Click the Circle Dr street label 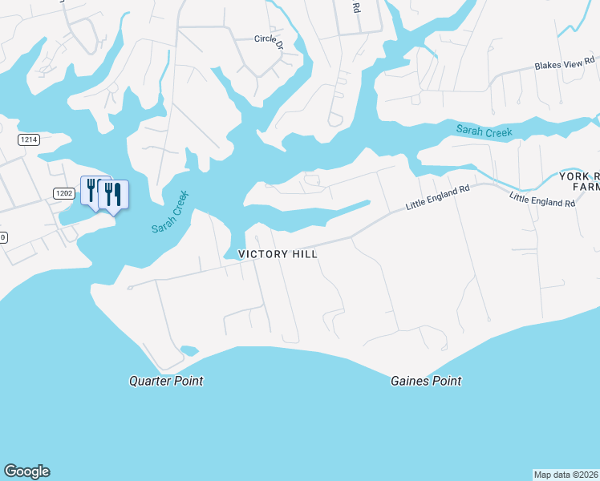point(269,39)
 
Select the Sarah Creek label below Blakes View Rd point(484,131)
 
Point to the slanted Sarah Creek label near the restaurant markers point(169,212)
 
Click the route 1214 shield point(29,139)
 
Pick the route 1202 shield point(64,193)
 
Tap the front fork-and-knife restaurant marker point(113,194)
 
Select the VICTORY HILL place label point(278,254)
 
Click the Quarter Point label point(166,381)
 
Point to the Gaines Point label point(426,382)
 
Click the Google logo point(26,471)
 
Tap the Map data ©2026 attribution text point(566,474)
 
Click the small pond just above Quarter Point point(189,350)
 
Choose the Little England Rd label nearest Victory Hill point(437,198)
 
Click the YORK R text point(578,176)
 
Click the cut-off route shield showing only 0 point(2,237)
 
